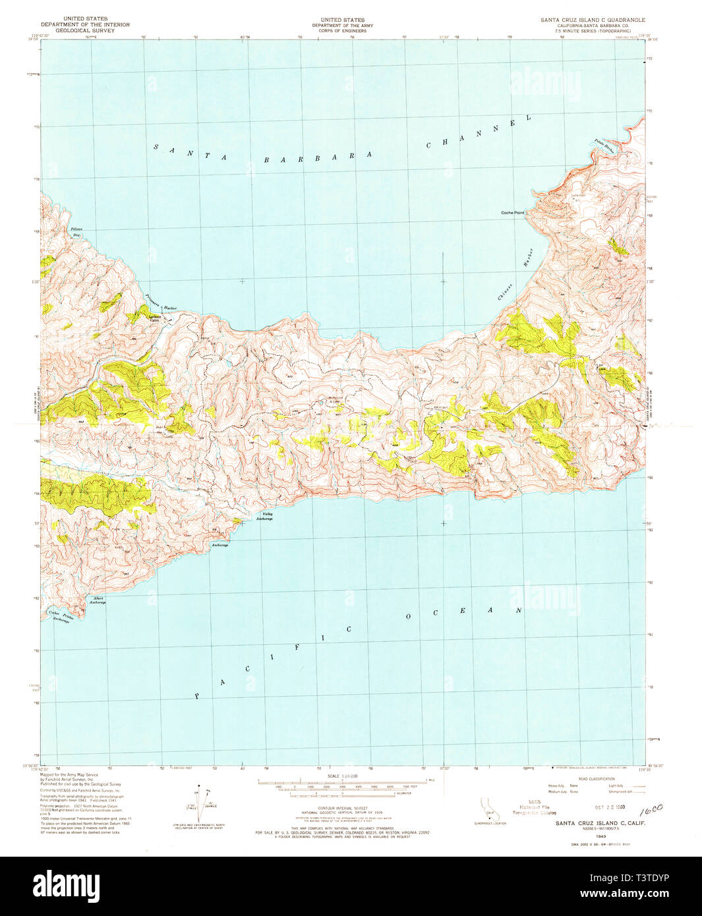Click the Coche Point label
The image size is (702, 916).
click(512, 213)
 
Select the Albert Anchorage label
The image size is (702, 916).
click(97, 601)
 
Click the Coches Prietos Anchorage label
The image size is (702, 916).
click(60, 617)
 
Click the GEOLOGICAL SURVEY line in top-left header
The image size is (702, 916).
click(85, 30)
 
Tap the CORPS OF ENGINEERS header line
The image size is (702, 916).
click(342, 30)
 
